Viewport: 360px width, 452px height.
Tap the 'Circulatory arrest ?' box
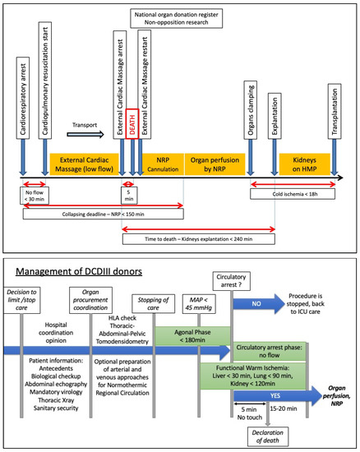click(x=232, y=284)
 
